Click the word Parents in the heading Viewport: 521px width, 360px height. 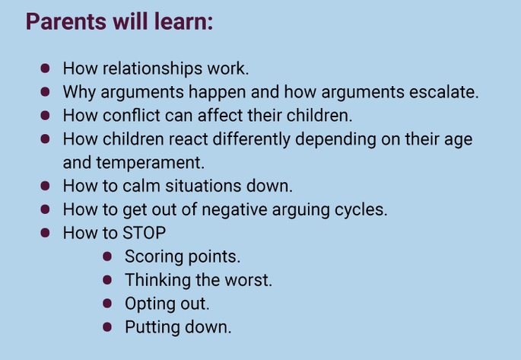(66, 21)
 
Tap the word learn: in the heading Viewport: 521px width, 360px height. (183, 21)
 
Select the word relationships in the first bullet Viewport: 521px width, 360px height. (153, 68)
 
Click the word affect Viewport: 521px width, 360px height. (220, 116)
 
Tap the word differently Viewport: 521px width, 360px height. (252, 139)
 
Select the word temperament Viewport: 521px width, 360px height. (150, 163)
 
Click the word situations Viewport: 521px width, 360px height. (203, 186)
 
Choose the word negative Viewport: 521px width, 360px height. (234, 210)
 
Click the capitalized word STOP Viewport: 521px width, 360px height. (145, 233)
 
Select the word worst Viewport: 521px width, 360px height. (248, 280)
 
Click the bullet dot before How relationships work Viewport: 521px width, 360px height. (45, 68)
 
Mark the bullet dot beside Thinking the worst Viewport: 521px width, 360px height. (107, 280)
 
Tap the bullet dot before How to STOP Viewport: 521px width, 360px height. (45, 233)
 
